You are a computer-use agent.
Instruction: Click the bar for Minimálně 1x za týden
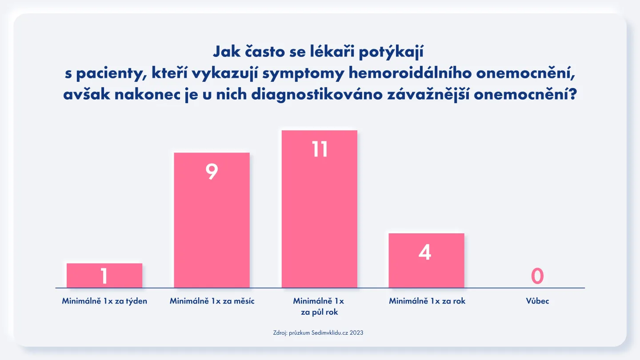pyautogui.click(x=104, y=276)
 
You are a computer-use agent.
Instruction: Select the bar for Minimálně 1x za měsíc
pyautogui.click(x=212, y=220)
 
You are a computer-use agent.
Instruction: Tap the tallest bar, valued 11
pyautogui.click(x=320, y=209)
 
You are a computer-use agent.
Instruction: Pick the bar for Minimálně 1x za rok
pyautogui.click(x=426, y=260)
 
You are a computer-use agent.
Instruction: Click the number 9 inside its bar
pyautogui.click(x=212, y=172)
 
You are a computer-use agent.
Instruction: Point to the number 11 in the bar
pyautogui.click(x=320, y=149)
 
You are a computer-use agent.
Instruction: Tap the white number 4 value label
pyautogui.click(x=425, y=252)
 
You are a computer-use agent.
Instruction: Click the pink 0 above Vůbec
pyautogui.click(x=537, y=276)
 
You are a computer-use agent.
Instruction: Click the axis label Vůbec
pyautogui.click(x=537, y=301)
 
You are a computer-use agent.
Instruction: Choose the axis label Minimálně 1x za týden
pyautogui.click(x=104, y=301)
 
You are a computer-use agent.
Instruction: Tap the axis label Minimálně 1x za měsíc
pyautogui.click(x=212, y=301)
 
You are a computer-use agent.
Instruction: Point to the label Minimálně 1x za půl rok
pyautogui.click(x=319, y=306)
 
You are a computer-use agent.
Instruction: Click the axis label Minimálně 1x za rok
pyautogui.click(x=427, y=301)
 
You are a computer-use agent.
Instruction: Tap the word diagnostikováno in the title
pyautogui.click(x=317, y=95)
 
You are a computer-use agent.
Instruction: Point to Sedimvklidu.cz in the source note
pyautogui.click(x=330, y=333)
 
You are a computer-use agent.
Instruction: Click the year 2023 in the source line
pyautogui.click(x=356, y=333)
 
